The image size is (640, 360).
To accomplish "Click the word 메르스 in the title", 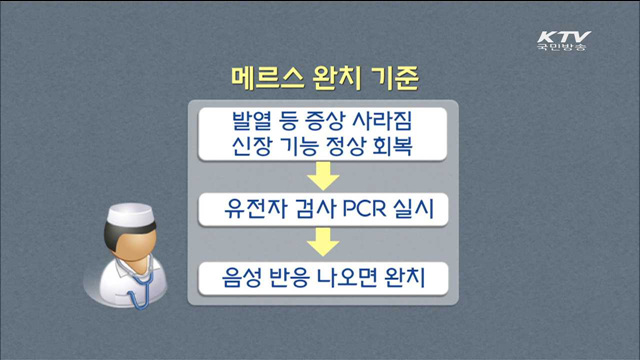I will [264, 77].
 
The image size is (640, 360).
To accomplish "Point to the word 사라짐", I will [381, 122].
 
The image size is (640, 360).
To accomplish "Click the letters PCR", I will [346, 210].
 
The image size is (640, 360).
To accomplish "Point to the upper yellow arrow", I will [321, 178].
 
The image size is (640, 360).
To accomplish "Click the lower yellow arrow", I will [321, 243].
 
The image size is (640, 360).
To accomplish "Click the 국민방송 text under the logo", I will [562, 48].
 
